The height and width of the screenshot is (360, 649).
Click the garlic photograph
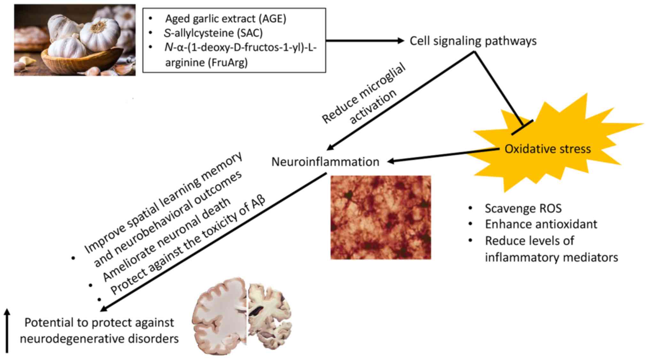pos(75,40)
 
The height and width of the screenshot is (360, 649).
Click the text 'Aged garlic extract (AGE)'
pos(225,19)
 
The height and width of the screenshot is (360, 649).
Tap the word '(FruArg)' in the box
pos(228,62)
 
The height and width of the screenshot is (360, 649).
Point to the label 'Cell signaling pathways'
pos(473,41)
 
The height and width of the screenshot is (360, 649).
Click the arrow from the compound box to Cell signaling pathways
pos(364,41)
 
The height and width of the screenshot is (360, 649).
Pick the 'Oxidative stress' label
pos(547,149)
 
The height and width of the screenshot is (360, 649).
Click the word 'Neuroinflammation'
pos(325,162)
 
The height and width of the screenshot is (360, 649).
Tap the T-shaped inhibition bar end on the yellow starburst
pos(522,127)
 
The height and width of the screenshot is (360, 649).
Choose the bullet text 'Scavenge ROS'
pos(523,208)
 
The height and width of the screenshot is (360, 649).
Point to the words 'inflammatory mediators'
pos(551,257)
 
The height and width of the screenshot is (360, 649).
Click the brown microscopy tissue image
pos(380,217)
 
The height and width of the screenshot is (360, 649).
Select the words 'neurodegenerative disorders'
pos(99,339)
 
